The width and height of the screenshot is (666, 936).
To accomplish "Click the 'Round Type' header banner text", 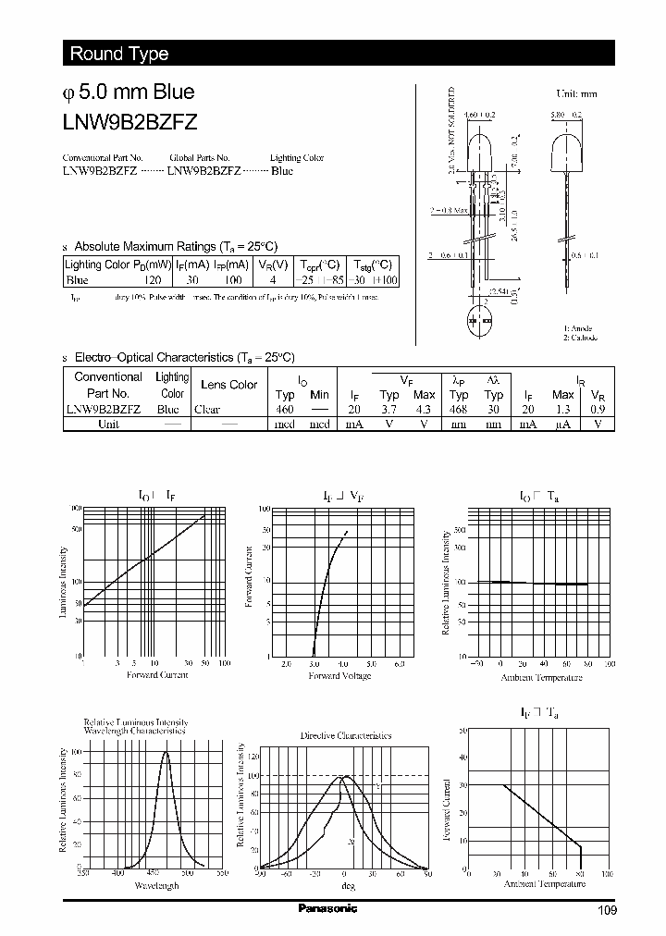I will point(118,54).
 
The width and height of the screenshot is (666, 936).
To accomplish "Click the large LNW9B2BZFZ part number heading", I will point(128,120).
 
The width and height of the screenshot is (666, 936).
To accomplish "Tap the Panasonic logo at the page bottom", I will point(327,908).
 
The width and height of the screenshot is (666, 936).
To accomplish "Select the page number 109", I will point(607,910).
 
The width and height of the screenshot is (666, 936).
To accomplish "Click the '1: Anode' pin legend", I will point(578,328).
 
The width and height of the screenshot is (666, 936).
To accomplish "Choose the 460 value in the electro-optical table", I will point(285,409).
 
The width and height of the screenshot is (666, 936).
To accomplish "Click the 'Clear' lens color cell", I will point(207,409).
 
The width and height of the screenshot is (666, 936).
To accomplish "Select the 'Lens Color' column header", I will point(228,385).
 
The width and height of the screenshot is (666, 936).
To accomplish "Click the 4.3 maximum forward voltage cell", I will point(424,409).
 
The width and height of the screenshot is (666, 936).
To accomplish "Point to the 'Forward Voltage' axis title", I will point(339,676).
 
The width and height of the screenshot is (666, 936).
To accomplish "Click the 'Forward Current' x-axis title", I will point(157,675).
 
